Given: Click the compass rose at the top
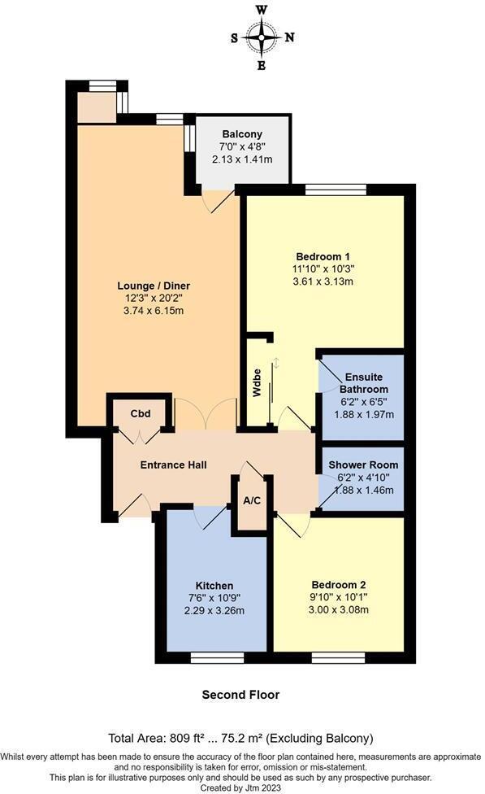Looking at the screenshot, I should point(262,37).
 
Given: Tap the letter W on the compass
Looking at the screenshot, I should point(262,11).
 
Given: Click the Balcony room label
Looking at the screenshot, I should point(242,134).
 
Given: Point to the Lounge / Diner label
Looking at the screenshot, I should point(154,286).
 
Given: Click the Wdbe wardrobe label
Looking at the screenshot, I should point(258,389).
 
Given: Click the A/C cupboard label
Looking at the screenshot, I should point(252,501).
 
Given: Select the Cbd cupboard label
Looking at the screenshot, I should point(141,412).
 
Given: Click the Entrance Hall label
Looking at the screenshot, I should point(173,465).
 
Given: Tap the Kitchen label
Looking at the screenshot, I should point(214,586).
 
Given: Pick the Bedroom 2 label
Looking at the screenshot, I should point(339,585).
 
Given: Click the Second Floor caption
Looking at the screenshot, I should point(240,695).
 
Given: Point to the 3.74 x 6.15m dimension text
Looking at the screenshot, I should point(154,310).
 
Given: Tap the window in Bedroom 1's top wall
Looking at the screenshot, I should point(336,190).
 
